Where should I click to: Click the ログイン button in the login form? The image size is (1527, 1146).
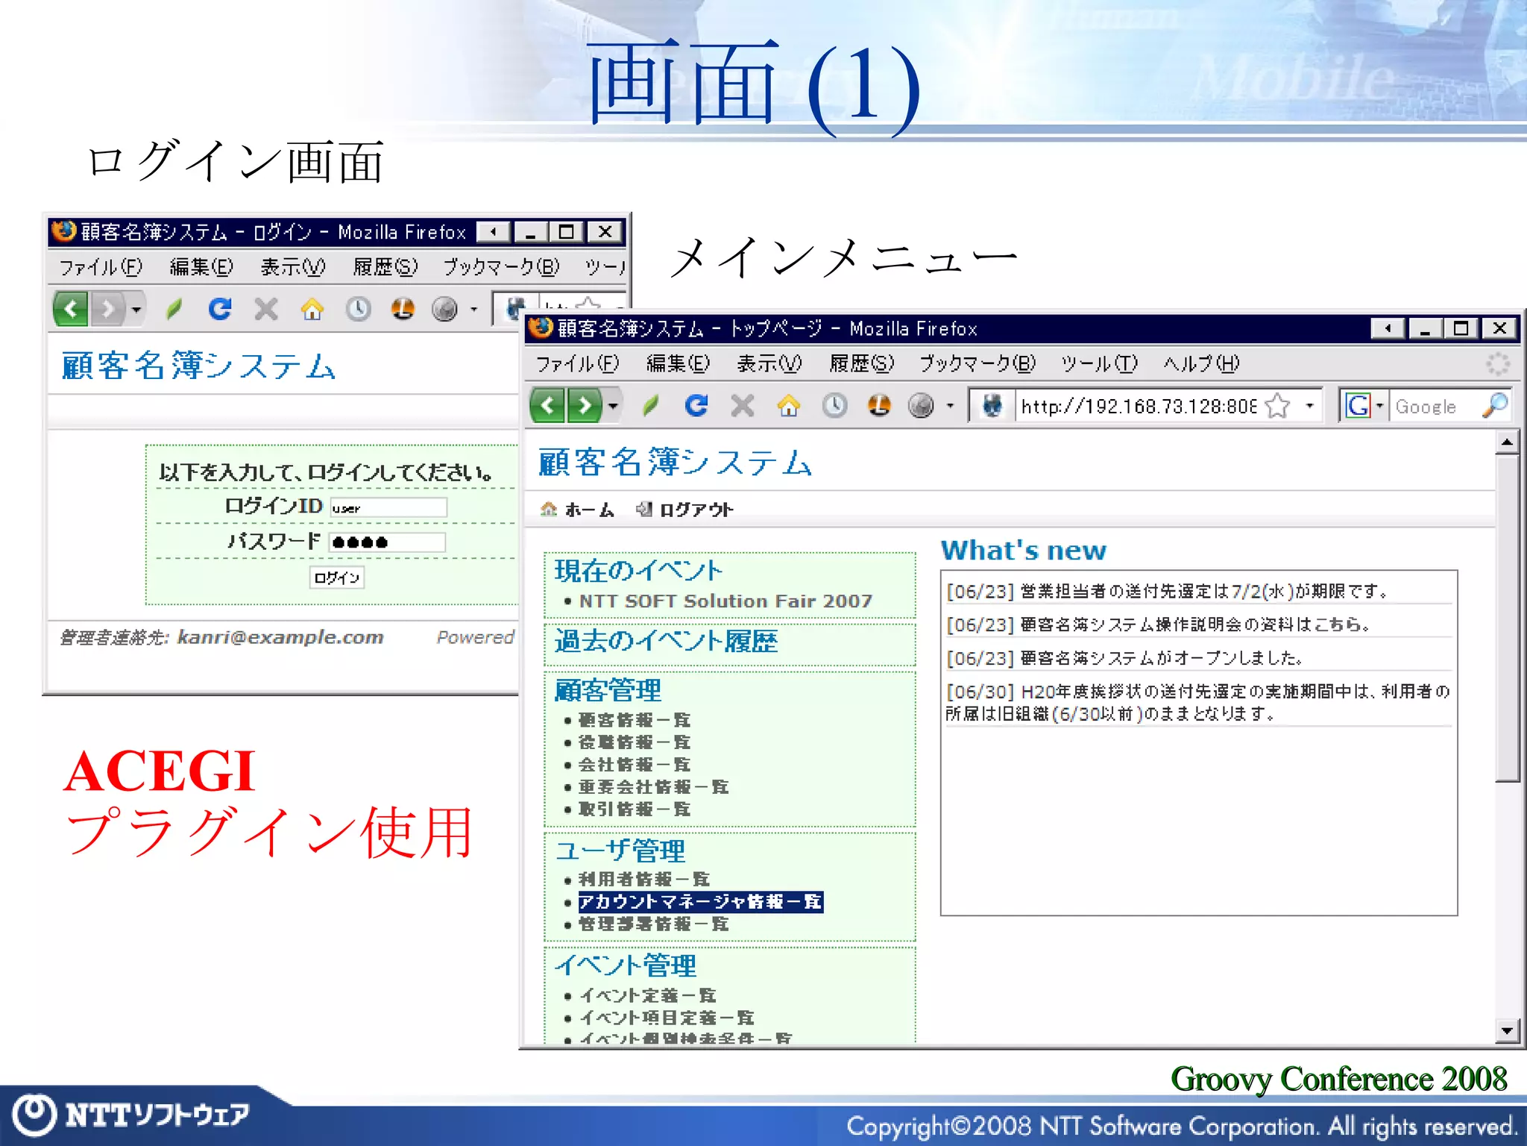(336, 577)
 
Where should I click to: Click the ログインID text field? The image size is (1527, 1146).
(388, 507)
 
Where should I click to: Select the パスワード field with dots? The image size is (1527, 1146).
(387, 542)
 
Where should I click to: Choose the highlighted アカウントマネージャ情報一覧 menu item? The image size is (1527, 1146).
(700, 902)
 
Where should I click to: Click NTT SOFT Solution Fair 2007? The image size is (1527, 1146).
(725, 601)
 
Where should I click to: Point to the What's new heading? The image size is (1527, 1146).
(1023, 551)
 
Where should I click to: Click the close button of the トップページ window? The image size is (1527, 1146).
(1499, 328)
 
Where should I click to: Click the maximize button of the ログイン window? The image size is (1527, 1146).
(567, 232)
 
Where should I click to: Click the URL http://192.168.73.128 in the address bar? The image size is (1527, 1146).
(1138, 407)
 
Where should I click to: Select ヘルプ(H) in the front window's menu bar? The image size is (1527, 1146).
(1200, 364)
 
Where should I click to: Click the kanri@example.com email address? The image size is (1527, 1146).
(280, 637)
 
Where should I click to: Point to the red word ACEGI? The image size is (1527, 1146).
(160, 771)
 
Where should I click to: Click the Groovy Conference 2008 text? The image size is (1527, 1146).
(1338, 1079)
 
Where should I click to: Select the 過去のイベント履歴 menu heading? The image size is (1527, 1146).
(666, 642)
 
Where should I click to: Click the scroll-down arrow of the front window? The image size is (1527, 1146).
(1507, 1030)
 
